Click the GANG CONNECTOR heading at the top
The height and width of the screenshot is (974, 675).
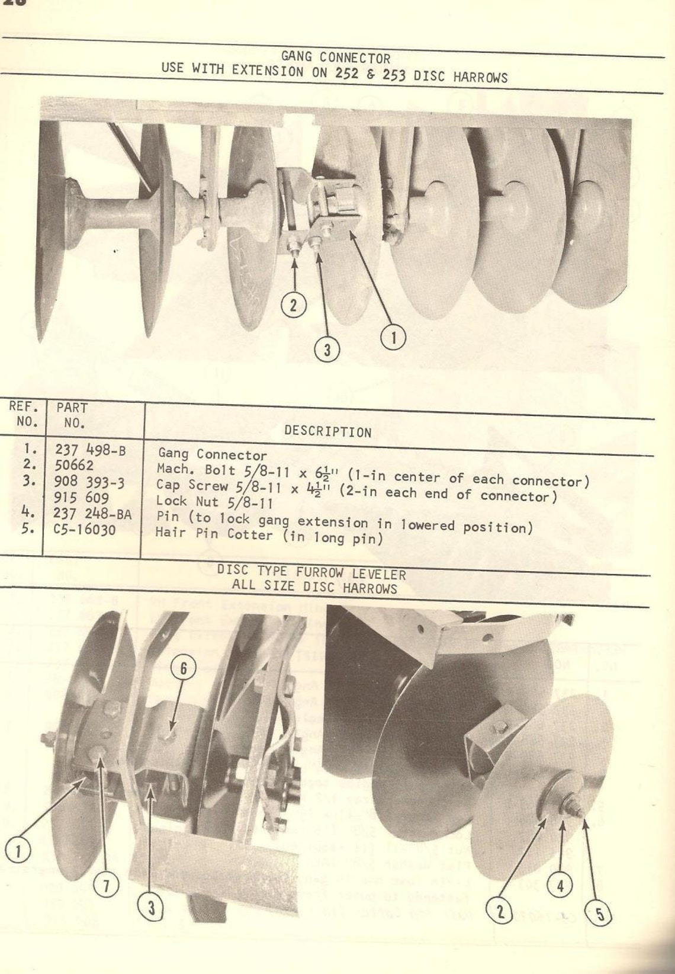click(335, 57)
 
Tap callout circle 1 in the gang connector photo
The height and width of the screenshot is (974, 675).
click(393, 338)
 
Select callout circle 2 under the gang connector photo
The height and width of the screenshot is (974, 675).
click(294, 306)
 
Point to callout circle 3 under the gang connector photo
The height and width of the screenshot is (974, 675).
click(327, 350)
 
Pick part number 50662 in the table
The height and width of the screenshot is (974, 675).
click(74, 466)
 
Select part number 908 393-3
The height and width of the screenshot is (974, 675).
click(89, 482)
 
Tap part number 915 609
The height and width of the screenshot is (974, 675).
click(81, 498)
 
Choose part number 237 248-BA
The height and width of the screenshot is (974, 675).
click(92, 514)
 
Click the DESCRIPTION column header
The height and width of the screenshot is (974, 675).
click(327, 431)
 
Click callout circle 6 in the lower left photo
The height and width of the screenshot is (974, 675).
click(183, 668)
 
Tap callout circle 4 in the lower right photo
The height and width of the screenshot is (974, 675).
click(560, 886)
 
